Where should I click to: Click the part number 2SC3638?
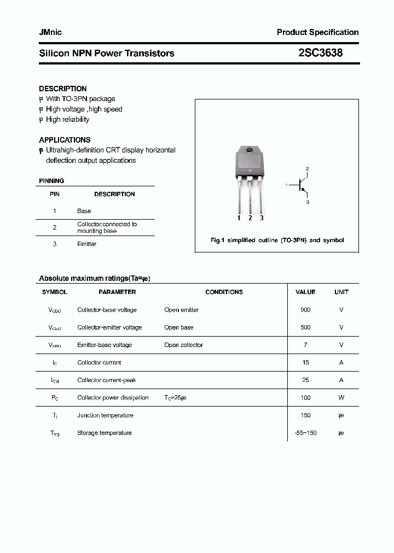click(321, 53)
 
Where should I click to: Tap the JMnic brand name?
click(50, 32)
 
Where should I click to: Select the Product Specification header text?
click(317, 32)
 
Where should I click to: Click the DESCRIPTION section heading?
click(63, 89)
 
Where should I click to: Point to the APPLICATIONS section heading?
click(65, 140)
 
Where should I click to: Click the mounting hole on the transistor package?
click(250, 151)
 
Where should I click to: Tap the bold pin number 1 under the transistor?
click(239, 218)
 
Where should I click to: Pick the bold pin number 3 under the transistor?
click(262, 218)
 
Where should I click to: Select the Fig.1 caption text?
click(277, 240)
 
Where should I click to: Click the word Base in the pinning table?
click(84, 211)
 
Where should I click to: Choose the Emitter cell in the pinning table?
click(86, 244)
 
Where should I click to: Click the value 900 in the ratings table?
click(305, 310)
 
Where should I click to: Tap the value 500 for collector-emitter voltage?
click(305, 327)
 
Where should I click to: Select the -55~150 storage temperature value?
click(305, 433)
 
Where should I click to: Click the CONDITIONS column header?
click(224, 292)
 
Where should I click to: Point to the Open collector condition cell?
click(183, 345)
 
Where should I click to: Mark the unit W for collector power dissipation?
click(341, 398)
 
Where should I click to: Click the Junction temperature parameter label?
click(105, 415)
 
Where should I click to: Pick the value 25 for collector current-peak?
click(305, 380)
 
